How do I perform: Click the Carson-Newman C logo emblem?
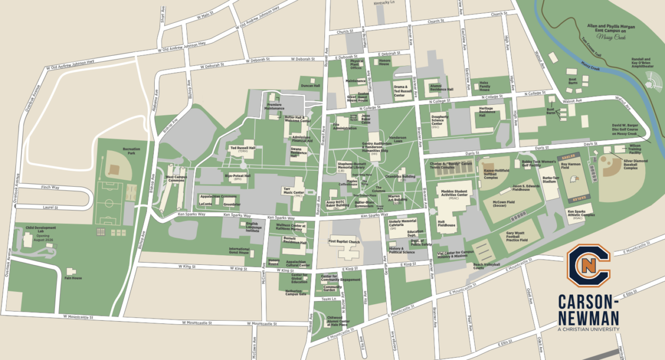588,264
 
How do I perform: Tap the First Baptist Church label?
345,242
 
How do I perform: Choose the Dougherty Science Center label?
439,122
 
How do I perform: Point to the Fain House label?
73,278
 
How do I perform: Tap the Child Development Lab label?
40,230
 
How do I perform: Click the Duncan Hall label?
310,86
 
